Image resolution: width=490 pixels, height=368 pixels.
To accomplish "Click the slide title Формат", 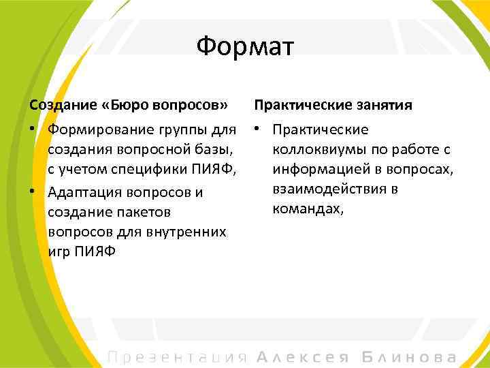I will (x=244, y=47).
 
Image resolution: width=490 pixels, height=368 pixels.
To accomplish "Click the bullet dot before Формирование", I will (x=32, y=129).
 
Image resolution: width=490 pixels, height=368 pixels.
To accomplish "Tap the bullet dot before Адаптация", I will (x=32, y=192).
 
